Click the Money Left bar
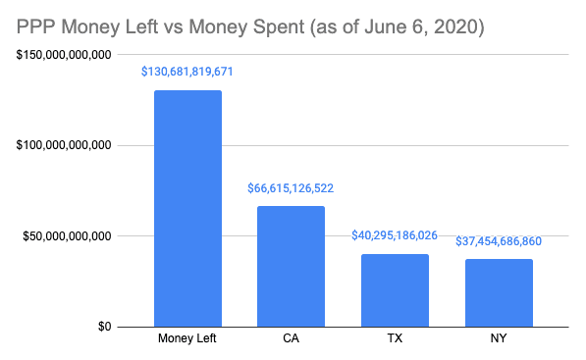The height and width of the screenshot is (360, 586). click(x=187, y=208)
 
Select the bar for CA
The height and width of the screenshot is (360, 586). click(x=291, y=266)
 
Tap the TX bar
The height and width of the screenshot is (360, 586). click(x=394, y=289)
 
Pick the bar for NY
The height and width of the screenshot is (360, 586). click(x=498, y=292)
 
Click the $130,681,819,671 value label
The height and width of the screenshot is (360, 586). click(x=187, y=73)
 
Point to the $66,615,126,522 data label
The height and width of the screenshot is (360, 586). click(x=291, y=188)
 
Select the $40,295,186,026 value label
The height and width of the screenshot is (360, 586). click(x=394, y=236)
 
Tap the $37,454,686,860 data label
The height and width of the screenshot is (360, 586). click(x=498, y=241)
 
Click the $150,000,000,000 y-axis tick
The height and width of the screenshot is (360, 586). click(x=63, y=55)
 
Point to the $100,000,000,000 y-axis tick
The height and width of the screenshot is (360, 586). click(x=63, y=145)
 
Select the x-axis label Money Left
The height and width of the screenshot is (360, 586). click(x=187, y=340)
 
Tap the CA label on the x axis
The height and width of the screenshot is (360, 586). click(x=291, y=340)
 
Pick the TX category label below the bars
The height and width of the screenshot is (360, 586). click(x=394, y=340)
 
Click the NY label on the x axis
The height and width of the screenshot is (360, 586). click(x=498, y=340)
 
